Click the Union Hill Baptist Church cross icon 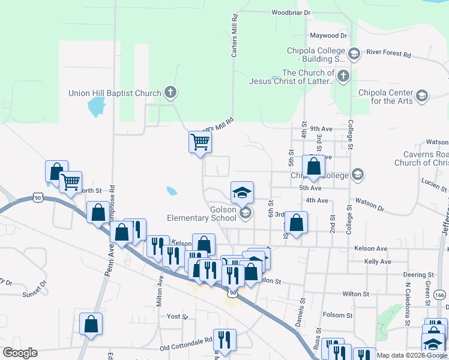[x=171, y=92]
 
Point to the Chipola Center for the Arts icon [x=422, y=96]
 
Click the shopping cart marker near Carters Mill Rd [x=200, y=142]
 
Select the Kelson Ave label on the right [x=370, y=248]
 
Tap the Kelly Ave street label [x=378, y=262]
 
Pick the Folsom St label [x=337, y=315]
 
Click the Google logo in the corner [x=20, y=353]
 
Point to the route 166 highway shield [x=439, y=295]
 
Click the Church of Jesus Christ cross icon [x=343, y=76]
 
